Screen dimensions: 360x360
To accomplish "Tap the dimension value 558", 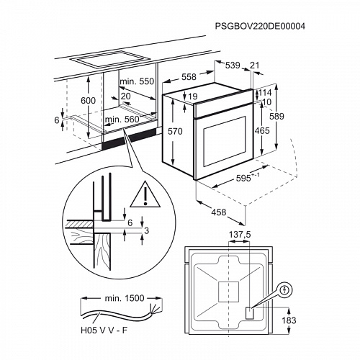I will click(x=188, y=76).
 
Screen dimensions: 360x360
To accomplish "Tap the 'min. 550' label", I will click(x=138, y=81).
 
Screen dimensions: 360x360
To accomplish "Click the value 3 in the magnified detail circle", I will click(x=146, y=230).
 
